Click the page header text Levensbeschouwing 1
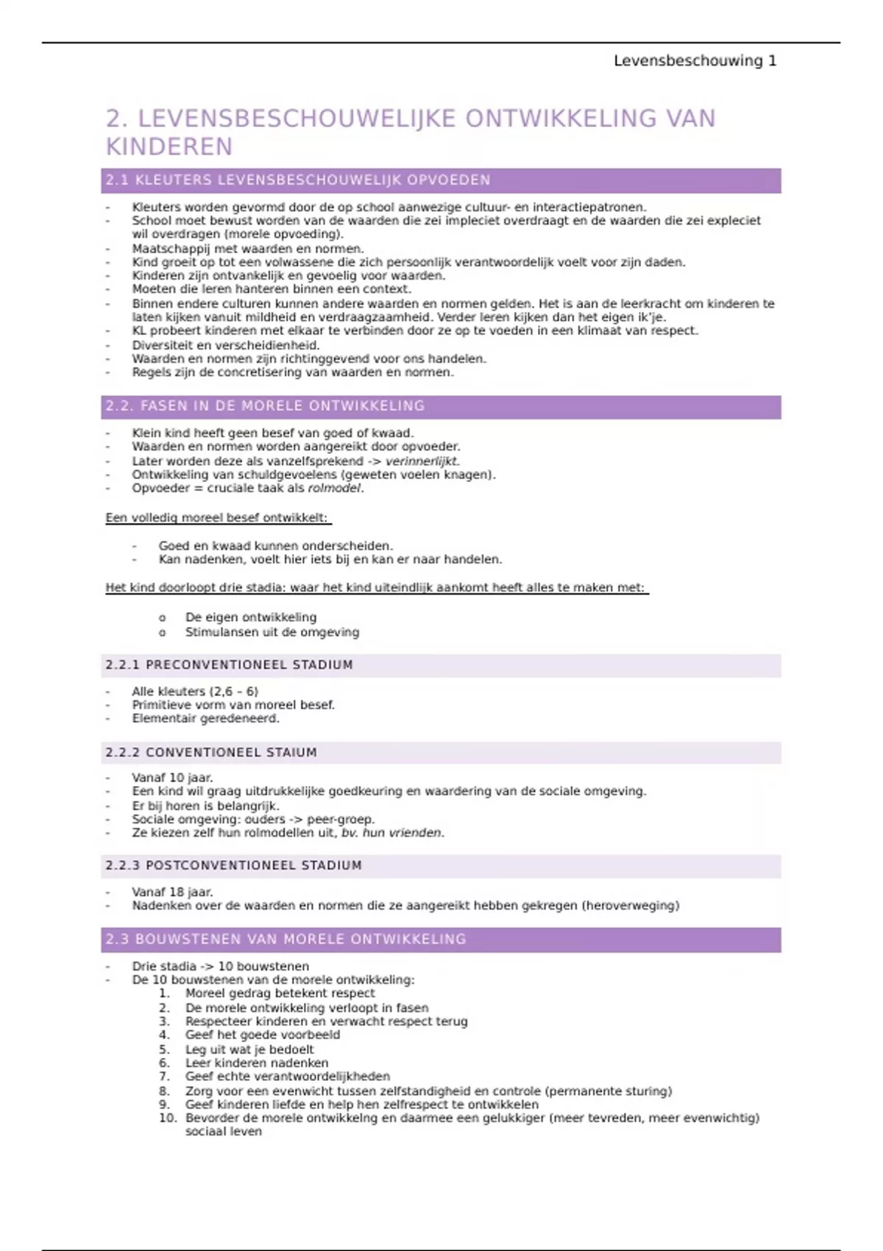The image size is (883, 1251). [x=695, y=61]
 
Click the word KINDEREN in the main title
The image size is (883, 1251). [x=169, y=147]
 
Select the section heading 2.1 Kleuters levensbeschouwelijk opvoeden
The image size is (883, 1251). [x=298, y=180]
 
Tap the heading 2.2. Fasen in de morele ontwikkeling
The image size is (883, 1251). [x=265, y=406]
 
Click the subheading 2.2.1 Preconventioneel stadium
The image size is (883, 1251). [x=229, y=665]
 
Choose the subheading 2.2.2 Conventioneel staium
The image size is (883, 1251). [x=210, y=753]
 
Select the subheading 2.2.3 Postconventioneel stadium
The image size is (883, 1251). [x=233, y=866]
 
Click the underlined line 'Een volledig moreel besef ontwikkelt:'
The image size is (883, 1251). [x=217, y=518]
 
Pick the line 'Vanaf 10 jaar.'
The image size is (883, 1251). [x=172, y=778]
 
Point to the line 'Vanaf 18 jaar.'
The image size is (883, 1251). [x=172, y=893]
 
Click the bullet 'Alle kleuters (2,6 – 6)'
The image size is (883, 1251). [x=195, y=692]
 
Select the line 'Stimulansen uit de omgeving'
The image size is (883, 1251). [x=272, y=632]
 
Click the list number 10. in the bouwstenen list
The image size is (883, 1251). [x=168, y=1119]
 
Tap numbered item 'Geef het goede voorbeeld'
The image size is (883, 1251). [x=263, y=1035]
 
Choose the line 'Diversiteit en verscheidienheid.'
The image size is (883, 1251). [x=225, y=345]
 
